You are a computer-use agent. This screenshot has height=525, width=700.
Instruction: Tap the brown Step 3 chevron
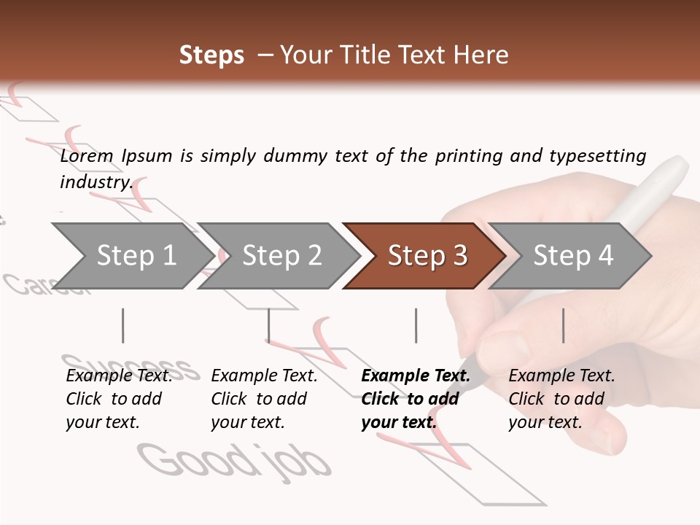[x=427, y=256]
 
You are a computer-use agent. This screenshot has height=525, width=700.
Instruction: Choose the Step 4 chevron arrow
[x=573, y=256]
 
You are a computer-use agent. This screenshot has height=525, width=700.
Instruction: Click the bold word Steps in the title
[x=211, y=55]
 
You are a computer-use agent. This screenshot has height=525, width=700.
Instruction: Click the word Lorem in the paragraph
[x=87, y=155]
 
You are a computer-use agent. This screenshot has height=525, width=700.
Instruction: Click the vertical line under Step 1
[x=123, y=325]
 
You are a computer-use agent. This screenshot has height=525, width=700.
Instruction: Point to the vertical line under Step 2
[x=269, y=325]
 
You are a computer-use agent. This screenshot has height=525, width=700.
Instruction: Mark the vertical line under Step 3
[x=416, y=325]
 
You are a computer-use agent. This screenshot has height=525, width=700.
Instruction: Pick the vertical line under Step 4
[x=563, y=325]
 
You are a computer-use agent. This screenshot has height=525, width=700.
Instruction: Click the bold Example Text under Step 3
[x=416, y=376]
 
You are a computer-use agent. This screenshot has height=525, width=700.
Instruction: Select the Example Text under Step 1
[x=120, y=376]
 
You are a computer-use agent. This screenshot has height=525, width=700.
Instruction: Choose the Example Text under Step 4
[x=561, y=376]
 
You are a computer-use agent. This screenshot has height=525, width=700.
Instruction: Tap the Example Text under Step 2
[x=264, y=376]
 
